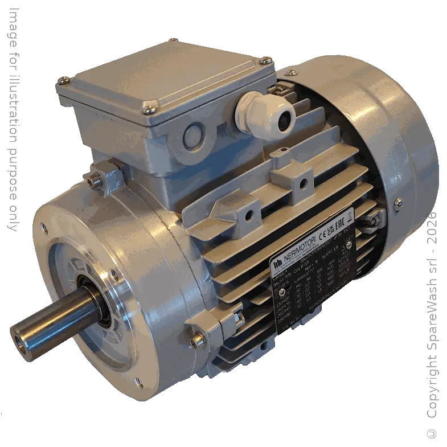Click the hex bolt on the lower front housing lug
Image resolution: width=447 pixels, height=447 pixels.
click(x=198, y=341)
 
